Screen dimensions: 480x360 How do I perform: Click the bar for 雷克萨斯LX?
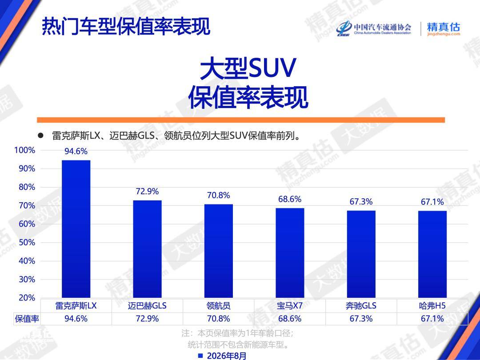[x=76, y=229]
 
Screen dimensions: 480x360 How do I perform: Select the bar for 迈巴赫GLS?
[x=147, y=249]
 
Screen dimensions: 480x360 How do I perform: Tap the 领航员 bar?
[x=219, y=251]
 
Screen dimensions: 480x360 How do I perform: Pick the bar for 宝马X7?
[x=290, y=253]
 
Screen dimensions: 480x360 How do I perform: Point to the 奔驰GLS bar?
[x=361, y=254]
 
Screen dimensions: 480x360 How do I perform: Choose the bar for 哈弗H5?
[x=432, y=254]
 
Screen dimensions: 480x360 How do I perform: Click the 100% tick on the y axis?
[x=25, y=150]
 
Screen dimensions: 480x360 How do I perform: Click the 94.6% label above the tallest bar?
[x=76, y=151]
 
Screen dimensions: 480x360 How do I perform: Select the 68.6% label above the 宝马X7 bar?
[x=290, y=199]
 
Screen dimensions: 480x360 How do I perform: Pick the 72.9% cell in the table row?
[x=147, y=319]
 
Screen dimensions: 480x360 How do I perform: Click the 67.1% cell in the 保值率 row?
[x=432, y=319]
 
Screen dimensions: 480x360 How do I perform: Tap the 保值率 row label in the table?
[x=27, y=319]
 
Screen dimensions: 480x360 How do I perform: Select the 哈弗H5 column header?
[x=432, y=305]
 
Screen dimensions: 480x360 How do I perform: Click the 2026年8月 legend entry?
[x=222, y=356]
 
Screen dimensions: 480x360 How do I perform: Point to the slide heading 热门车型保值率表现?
[x=126, y=26]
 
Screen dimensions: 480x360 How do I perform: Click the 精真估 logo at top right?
[x=444, y=29]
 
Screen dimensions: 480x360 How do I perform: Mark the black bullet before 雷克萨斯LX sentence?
[x=40, y=135]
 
